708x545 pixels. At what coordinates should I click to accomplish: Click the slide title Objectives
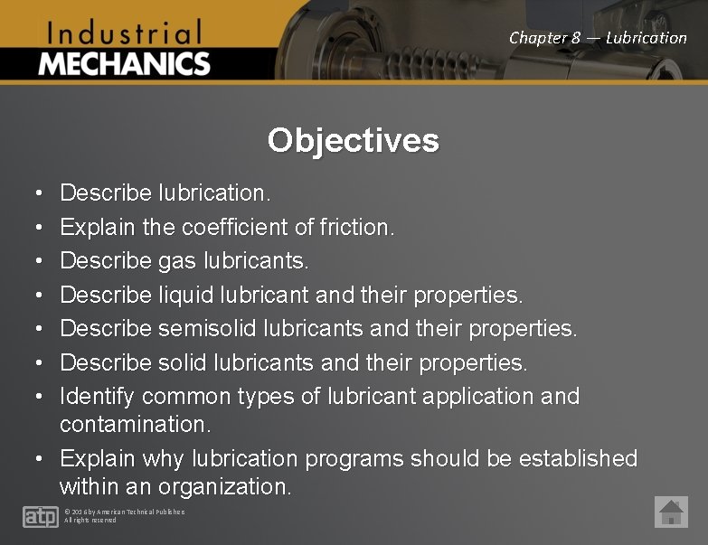tap(354, 140)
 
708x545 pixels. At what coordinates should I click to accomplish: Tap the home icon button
tap(671, 512)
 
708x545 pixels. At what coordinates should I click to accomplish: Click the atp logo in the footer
tap(40, 516)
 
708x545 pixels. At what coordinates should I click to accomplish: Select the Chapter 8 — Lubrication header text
tap(598, 38)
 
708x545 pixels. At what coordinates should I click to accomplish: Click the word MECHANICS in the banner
tap(125, 64)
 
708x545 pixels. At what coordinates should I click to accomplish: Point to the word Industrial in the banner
tap(124, 34)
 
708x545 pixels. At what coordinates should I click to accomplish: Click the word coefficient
tap(235, 227)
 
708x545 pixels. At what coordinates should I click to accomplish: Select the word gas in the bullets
tap(176, 261)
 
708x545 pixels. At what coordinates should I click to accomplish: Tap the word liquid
tap(188, 295)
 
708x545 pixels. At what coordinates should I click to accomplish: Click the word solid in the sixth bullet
tap(183, 362)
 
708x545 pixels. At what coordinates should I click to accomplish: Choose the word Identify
tap(98, 396)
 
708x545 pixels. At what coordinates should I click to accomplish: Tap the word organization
tap(224, 487)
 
